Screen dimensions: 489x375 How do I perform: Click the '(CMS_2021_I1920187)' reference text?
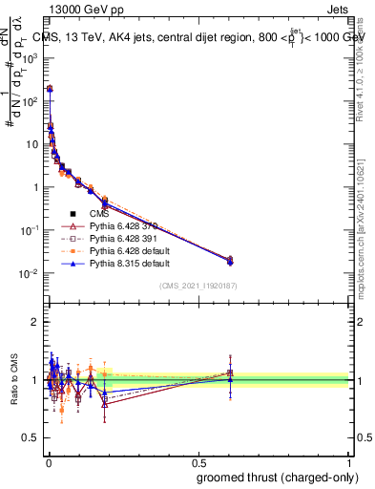click(198, 287)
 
